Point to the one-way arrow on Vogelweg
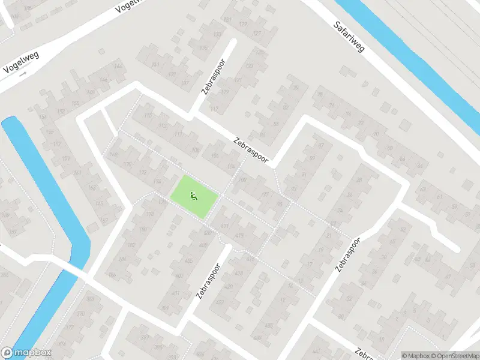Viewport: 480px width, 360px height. click(23, 75)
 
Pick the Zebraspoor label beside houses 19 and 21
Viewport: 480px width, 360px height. click(347, 256)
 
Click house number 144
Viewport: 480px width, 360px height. click(118, 65)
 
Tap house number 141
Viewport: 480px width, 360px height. click(156, 64)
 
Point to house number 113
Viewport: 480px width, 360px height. click(163, 126)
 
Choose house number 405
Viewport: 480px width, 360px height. click(188, 260)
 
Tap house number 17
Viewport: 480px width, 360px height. click(310, 263)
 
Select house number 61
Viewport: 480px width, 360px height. click(440, 196)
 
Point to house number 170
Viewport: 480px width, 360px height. click(127, 164)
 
